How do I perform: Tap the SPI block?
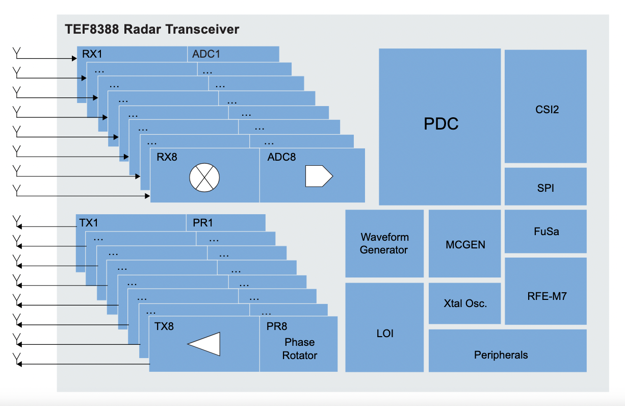[x=545, y=187]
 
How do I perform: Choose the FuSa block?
[x=545, y=231]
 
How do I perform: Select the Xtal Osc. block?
[x=464, y=303]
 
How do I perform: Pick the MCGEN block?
[x=464, y=244]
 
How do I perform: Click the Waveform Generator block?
[x=384, y=243]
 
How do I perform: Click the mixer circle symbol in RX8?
[x=204, y=177]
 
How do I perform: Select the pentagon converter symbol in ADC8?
[x=318, y=176]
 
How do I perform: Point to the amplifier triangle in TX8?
[x=204, y=344]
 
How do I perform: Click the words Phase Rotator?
[x=300, y=349]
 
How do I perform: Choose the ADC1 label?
[x=206, y=54]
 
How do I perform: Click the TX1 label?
[x=89, y=223]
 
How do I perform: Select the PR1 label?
[x=202, y=223]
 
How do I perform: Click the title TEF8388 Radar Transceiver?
[x=152, y=30]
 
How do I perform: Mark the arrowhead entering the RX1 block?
[x=74, y=59]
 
